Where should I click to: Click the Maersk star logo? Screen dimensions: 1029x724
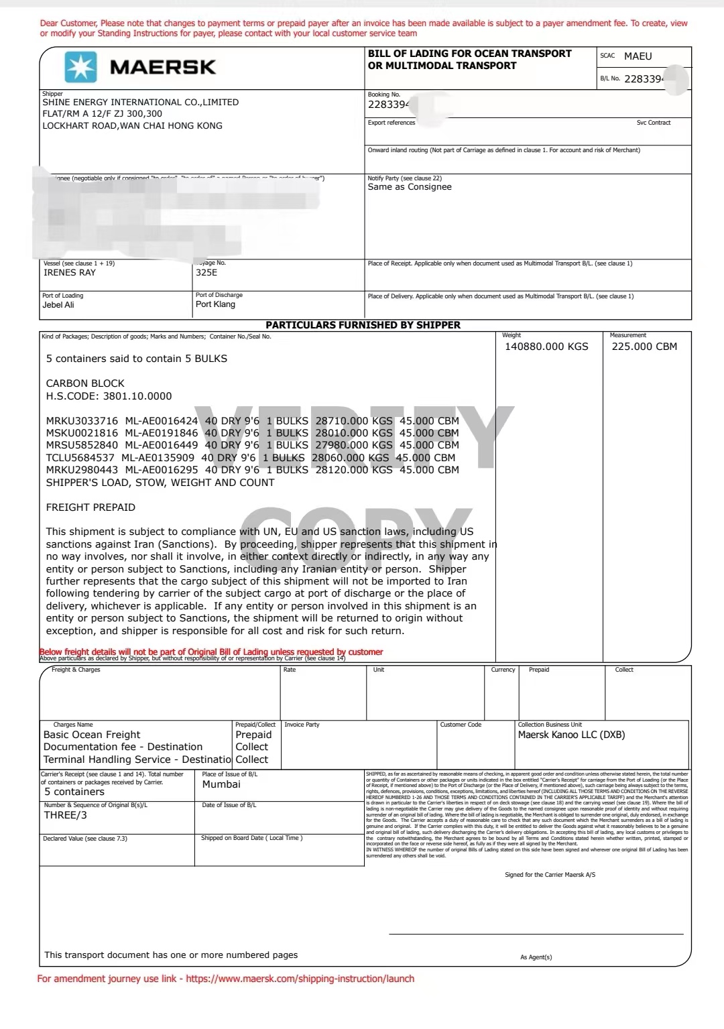click(80, 67)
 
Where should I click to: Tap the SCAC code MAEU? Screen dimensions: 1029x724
click(638, 56)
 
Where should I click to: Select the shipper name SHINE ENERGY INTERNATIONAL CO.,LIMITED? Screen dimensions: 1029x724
click(141, 103)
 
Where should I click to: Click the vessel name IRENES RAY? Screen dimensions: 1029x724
click(70, 273)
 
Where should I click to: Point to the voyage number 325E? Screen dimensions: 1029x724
click(206, 273)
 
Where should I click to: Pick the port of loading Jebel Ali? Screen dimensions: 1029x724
click(58, 305)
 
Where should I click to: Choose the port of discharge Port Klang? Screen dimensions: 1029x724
click(215, 304)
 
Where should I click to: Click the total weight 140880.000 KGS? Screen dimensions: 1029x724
click(546, 347)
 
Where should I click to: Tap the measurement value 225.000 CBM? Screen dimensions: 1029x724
click(644, 347)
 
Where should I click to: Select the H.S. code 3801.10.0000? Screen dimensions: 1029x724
click(137, 396)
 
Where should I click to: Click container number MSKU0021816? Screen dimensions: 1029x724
click(82, 433)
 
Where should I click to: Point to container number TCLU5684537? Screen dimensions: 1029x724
click(80, 458)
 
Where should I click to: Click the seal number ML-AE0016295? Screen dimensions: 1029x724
click(162, 470)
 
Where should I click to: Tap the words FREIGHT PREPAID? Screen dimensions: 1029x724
click(90, 507)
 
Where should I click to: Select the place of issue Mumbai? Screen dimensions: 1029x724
click(221, 784)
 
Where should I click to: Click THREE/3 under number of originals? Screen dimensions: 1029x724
click(66, 815)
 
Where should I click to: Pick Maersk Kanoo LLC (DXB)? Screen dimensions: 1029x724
click(571, 735)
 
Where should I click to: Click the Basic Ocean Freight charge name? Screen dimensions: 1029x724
click(92, 735)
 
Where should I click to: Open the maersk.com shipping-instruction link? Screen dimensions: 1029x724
click(300, 979)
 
